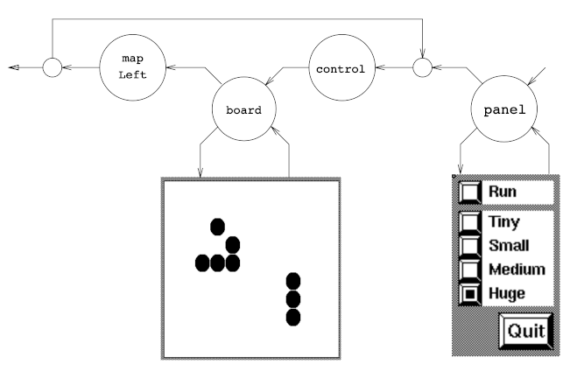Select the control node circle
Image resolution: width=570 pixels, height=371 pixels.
[341, 66]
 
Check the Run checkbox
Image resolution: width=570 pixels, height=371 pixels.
[471, 191]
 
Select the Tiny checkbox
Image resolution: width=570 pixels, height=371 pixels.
[471, 222]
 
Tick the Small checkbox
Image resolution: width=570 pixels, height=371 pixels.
[471, 246]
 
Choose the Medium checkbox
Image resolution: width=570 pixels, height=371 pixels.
[471, 269]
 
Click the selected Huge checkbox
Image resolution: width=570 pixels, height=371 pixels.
[471, 293]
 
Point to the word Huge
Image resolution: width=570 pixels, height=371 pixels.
[509, 293]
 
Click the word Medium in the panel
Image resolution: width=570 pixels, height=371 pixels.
[517, 269]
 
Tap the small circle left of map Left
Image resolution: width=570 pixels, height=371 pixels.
[52, 66]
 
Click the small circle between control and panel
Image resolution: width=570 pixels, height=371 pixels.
[422, 66]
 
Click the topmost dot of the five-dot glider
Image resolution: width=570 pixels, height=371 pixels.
[217, 227]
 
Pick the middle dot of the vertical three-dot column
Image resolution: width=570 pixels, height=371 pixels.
[294, 298]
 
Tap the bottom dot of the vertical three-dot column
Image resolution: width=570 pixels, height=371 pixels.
[294, 316]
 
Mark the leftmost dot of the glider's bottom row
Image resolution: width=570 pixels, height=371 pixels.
[202, 262]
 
